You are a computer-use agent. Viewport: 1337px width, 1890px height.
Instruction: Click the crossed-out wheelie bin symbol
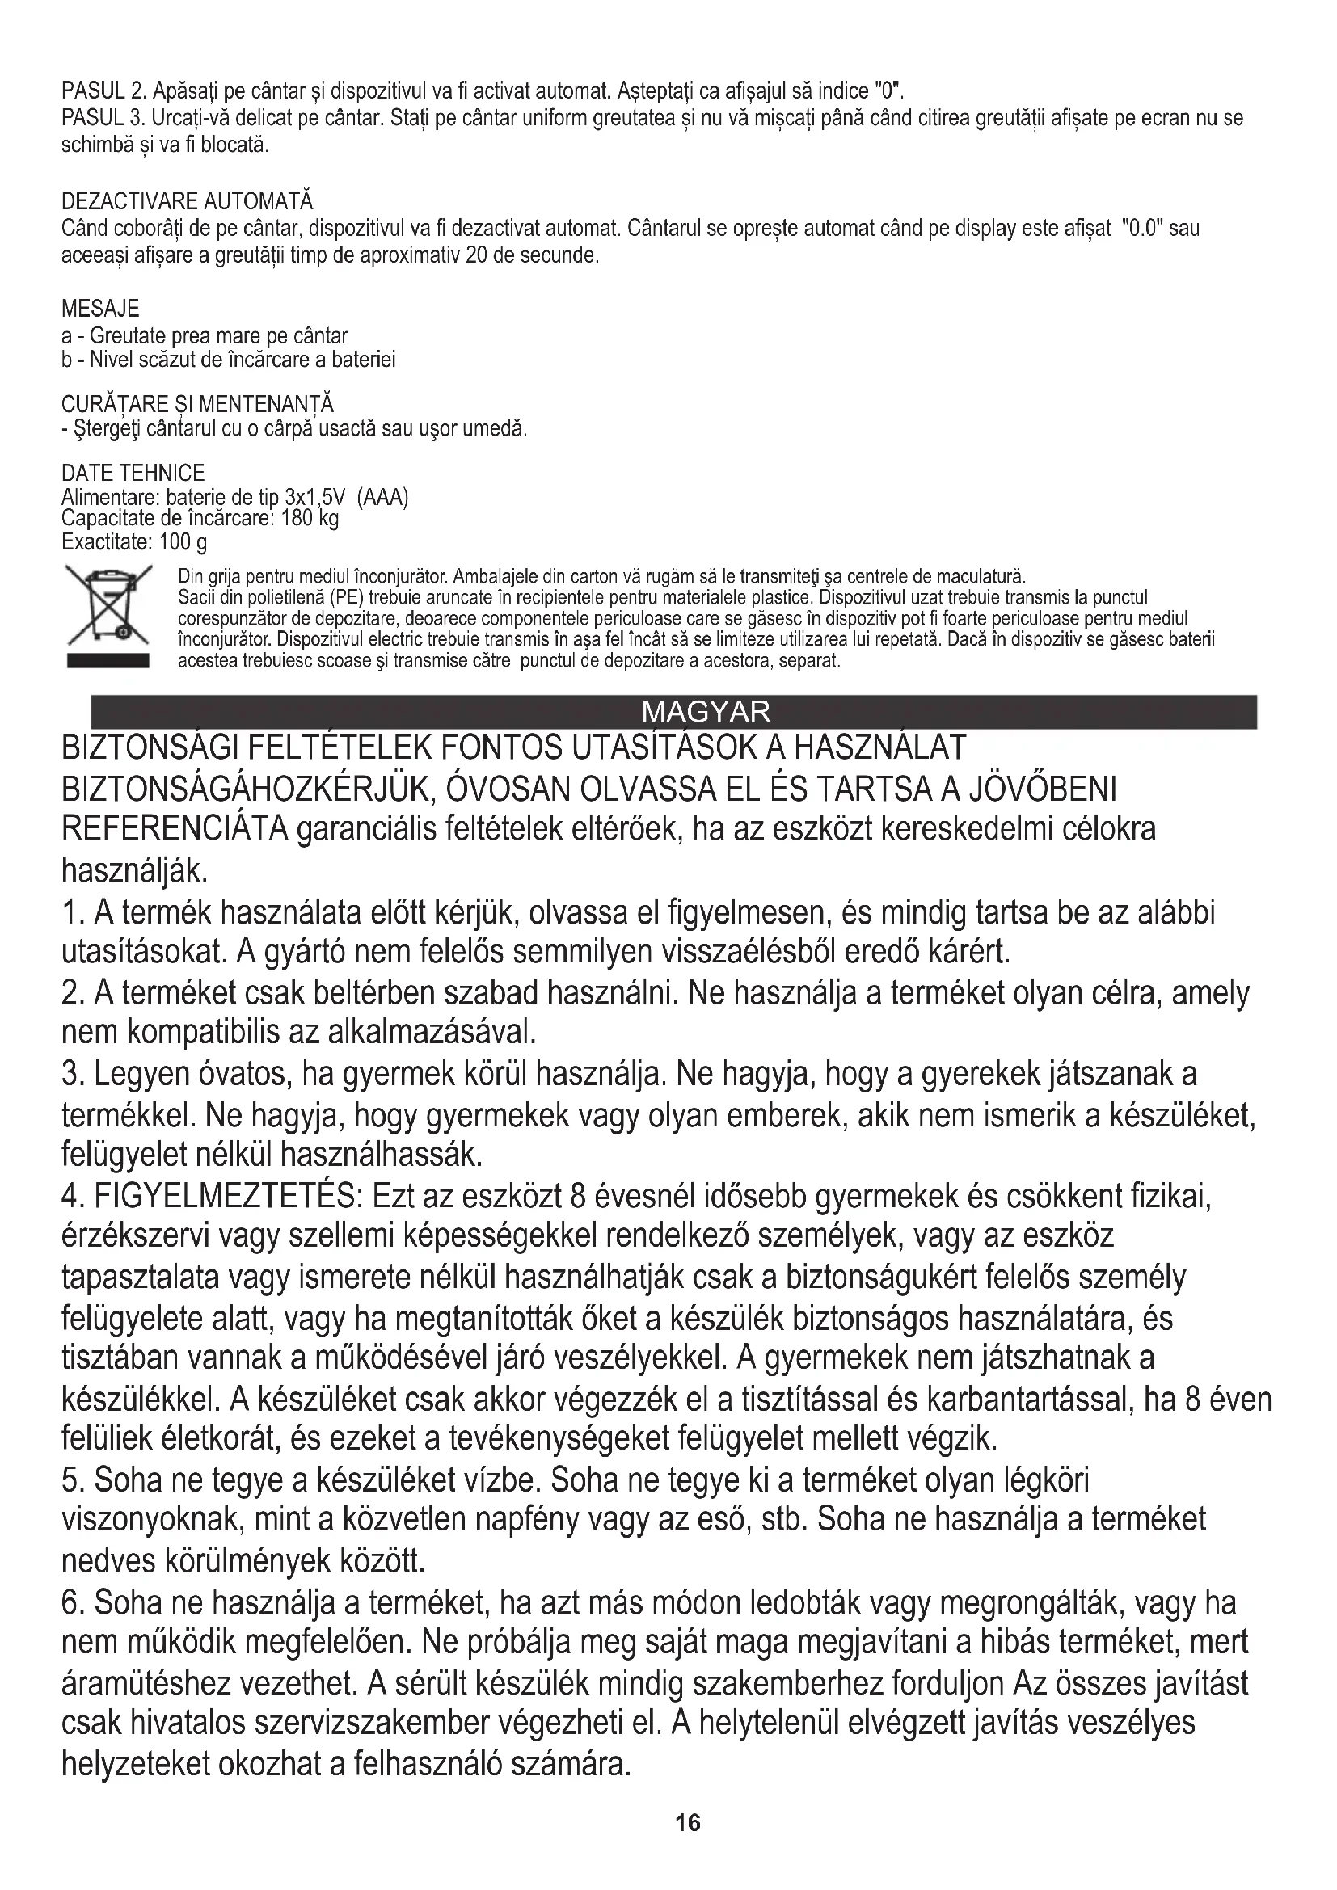coord(108,605)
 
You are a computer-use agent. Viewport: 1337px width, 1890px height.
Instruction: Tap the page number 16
coord(687,1822)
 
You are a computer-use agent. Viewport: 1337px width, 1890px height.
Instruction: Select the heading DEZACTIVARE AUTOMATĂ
coord(187,202)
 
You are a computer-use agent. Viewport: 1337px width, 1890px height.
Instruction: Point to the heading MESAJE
coord(100,309)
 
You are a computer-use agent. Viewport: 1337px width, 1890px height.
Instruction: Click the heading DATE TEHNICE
coord(133,473)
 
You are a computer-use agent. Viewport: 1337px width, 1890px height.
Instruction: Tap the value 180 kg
coord(309,518)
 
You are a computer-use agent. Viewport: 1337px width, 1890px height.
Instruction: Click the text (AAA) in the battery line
coord(383,498)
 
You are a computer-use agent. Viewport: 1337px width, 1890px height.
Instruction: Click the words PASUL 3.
coord(103,119)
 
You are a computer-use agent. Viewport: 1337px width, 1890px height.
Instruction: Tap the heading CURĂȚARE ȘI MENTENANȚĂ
coord(197,404)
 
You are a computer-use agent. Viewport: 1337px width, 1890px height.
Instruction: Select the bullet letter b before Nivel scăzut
coord(66,360)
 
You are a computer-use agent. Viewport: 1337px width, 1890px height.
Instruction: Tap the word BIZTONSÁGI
coord(145,748)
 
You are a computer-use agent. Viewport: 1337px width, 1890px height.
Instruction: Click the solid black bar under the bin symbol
coord(108,660)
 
